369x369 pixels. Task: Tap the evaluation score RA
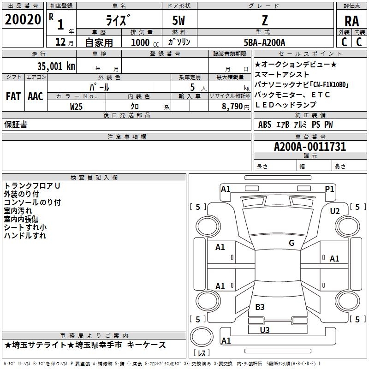[351, 21]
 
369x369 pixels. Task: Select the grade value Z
[265, 21]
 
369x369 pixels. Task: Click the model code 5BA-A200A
[264, 42]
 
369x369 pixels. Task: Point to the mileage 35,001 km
[56, 66]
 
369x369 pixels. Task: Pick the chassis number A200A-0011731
[309, 147]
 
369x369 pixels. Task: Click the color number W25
[77, 106]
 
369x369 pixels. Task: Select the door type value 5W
[179, 21]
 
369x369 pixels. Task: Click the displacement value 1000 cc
[143, 42]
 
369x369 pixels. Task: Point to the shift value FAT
[13, 96]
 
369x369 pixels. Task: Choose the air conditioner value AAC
[36, 96]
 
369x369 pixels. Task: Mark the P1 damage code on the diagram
[329, 189]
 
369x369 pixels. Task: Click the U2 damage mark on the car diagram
[335, 211]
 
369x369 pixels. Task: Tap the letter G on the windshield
[291, 243]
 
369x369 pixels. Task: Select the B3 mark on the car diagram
[260, 307]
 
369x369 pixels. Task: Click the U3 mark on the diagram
[264, 330]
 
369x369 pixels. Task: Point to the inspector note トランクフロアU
[32, 186]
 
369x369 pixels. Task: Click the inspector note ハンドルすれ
[25, 236]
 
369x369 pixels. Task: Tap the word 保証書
[16, 125]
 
